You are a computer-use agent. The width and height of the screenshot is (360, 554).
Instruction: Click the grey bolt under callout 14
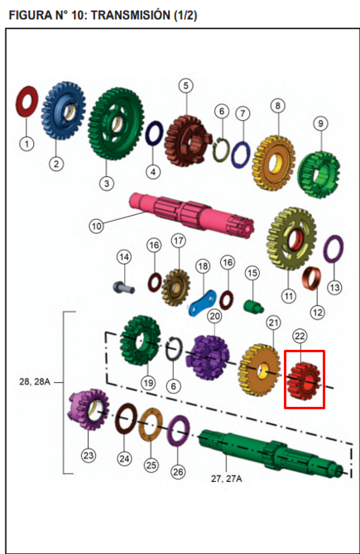click(x=123, y=287)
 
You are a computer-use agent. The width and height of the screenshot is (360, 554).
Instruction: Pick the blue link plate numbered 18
click(x=203, y=303)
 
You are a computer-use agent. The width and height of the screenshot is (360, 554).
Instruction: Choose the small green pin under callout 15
click(x=253, y=305)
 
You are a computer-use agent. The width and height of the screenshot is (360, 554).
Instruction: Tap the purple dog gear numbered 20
click(x=208, y=357)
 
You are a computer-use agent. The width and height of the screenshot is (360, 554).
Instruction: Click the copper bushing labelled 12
click(x=311, y=278)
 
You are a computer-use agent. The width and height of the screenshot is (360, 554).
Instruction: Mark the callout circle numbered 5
click(x=185, y=86)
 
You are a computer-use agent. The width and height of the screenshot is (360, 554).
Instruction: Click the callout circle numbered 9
click(x=320, y=123)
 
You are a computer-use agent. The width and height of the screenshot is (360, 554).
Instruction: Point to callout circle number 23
click(x=88, y=455)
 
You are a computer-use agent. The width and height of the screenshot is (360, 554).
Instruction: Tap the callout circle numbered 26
click(x=178, y=471)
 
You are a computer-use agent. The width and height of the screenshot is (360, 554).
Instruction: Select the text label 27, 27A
click(x=227, y=479)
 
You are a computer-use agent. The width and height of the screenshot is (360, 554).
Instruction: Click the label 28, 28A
click(x=35, y=382)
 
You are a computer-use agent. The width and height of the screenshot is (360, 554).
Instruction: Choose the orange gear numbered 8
click(x=274, y=163)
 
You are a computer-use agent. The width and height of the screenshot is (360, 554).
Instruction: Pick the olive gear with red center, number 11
click(x=291, y=238)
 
